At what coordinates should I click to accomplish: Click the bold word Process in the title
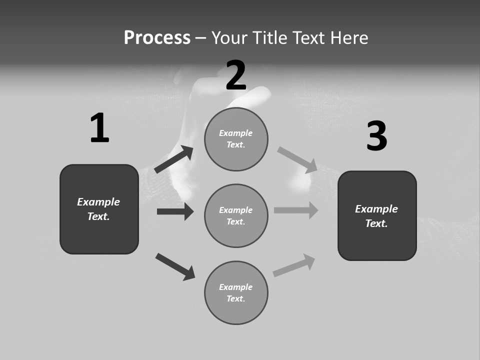[157, 38]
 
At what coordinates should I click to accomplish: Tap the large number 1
[99, 128]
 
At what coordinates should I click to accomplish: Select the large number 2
[236, 75]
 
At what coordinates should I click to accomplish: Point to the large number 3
[376, 136]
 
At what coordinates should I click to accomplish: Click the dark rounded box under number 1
[99, 209]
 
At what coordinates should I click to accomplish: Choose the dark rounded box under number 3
[377, 215]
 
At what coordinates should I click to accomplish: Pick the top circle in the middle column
[236, 139]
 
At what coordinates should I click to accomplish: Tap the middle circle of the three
[236, 215]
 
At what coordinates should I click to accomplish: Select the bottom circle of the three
[236, 292]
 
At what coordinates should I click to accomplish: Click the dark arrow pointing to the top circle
[174, 159]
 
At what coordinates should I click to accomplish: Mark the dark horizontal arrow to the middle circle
[175, 211]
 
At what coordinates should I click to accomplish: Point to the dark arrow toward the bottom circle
[175, 266]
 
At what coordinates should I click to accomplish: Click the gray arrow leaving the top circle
[297, 160]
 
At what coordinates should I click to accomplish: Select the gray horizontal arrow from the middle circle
[296, 210]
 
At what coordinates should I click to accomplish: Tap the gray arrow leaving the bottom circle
[294, 265]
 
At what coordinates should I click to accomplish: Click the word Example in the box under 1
[98, 202]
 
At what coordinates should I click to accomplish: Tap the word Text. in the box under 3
[376, 223]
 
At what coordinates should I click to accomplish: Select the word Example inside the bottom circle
[236, 287]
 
